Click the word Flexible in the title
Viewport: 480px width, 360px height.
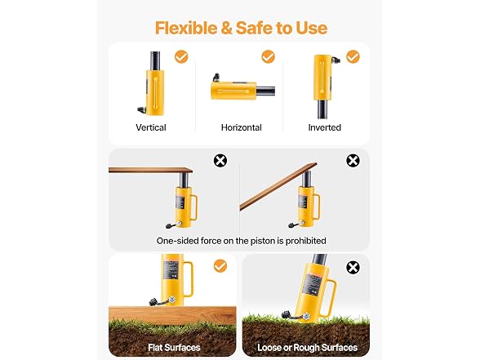click(186, 28)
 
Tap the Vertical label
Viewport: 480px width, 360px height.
click(151, 127)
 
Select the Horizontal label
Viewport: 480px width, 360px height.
click(242, 127)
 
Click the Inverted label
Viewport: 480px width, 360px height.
click(325, 127)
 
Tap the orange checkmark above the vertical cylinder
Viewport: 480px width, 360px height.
click(181, 56)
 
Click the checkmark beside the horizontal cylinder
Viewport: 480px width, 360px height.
click(268, 56)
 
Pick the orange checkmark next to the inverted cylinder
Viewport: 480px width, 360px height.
click(353, 56)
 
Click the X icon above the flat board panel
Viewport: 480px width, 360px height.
click(220, 160)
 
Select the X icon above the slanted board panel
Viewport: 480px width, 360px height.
click(353, 160)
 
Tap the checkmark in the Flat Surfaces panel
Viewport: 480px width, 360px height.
click(220, 266)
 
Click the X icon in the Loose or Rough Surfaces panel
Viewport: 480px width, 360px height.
click(353, 268)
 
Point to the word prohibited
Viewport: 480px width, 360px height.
click(305, 241)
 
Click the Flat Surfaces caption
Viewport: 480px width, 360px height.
click(174, 348)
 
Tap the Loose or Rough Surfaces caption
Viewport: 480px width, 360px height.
click(307, 348)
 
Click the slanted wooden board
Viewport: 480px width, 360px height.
click(278, 186)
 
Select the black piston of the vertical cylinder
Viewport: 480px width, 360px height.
click(155, 61)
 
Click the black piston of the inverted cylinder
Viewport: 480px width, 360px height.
click(322, 109)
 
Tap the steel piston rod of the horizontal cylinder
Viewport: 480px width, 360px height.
click(265, 91)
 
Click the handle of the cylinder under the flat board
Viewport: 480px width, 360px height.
click(194, 207)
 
